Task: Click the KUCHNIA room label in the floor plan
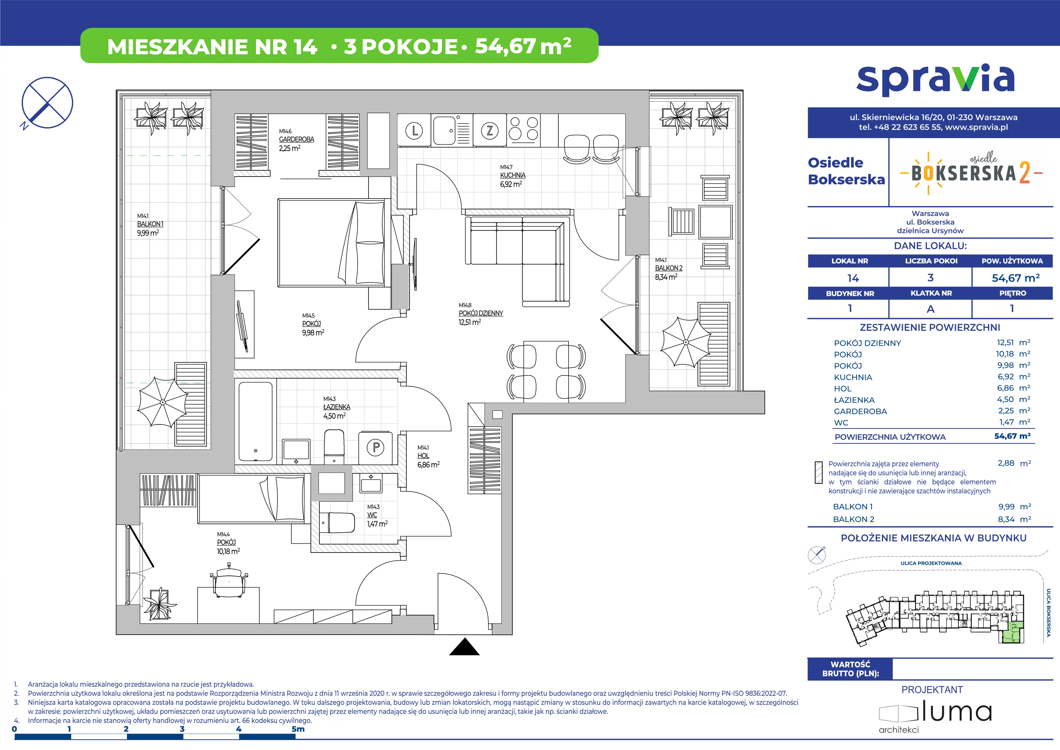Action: click(512, 175)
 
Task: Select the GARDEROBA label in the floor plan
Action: click(296, 139)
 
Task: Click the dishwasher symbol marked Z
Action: click(489, 131)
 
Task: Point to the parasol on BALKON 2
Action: click(686, 342)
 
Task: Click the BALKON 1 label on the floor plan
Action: click(150, 224)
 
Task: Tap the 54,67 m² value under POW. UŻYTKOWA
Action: click(1016, 278)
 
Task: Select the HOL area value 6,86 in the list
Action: click(1006, 388)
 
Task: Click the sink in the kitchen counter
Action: click(444, 130)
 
